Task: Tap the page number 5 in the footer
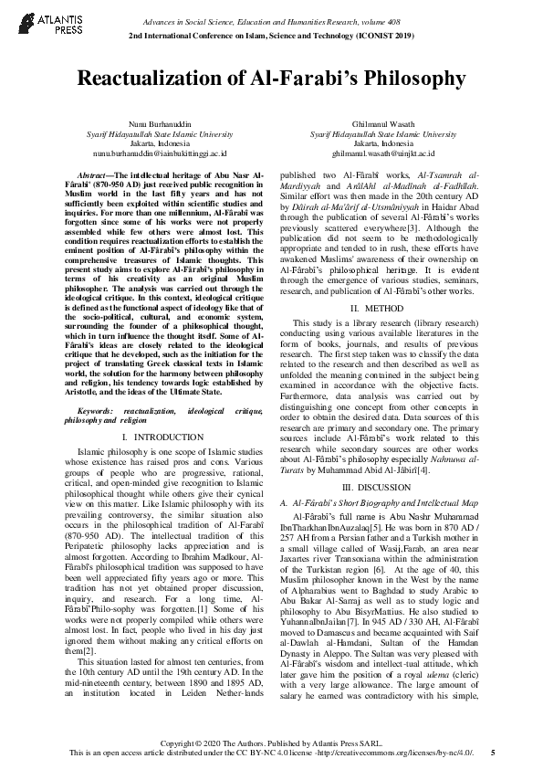click(x=493, y=753)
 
